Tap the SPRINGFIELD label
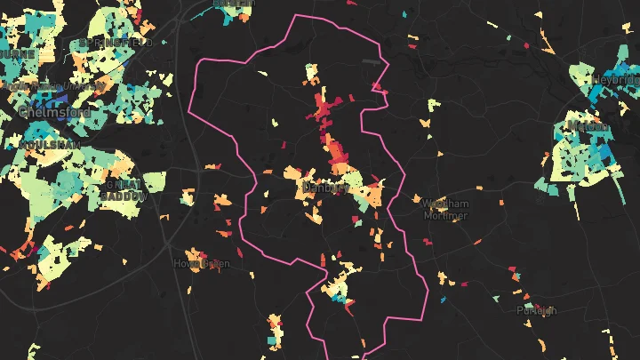(116, 42)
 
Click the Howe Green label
(202, 263)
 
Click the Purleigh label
(537, 310)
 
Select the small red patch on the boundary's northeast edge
(378, 86)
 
